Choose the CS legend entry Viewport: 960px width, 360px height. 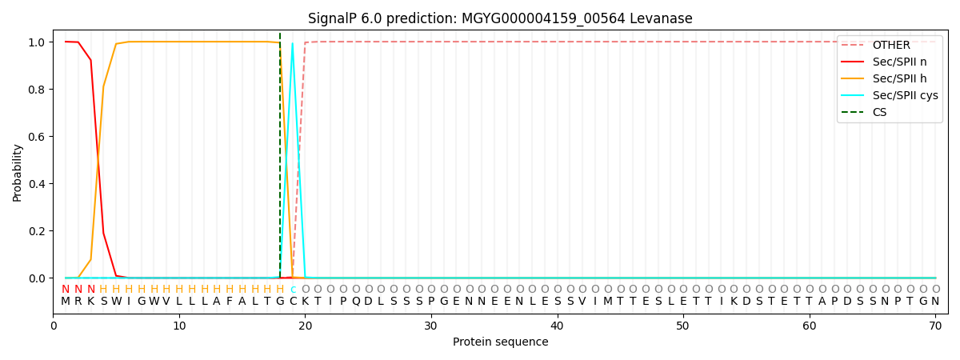pyautogui.click(x=879, y=112)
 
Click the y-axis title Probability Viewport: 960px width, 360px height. pyautogui.click(x=18, y=172)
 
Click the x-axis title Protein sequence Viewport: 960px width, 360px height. pyautogui.click(x=500, y=342)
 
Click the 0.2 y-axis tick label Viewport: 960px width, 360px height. pyautogui.click(x=36, y=231)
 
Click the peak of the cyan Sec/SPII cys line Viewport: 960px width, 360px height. pyautogui.click(x=293, y=43)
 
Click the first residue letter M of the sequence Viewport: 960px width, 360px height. pyautogui.click(x=66, y=302)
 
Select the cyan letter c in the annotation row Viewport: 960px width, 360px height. pyautogui.click(x=293, y=290)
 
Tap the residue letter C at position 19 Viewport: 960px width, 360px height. pyautogui.click(x=293, y=302)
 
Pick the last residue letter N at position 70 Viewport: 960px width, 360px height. pyautogui.click(x=935, y=302)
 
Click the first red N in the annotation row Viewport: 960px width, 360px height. pyautogui.click(x=66, y=290)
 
